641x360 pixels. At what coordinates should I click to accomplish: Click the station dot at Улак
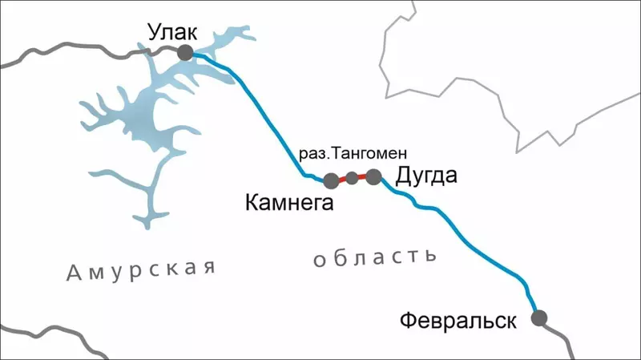(x=185, y=53)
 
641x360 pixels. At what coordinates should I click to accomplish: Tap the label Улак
(x=171, y=32)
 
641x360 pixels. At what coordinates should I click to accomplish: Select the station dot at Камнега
(x=331, y=180)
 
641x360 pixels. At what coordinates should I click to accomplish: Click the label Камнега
(x=288, y=204)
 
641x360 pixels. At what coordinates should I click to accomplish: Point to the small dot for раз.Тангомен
(x=352, y=178)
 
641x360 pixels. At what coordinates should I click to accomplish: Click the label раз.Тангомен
(x=353, y=153)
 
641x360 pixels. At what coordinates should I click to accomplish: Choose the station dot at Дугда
(x=373, y=176)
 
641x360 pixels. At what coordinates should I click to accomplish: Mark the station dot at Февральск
(x=539, y=318)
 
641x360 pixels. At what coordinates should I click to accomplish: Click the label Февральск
(x=457, y=322)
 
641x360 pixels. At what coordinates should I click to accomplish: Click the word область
(x=375, y=258)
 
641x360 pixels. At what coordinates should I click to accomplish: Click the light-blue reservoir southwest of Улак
(x=144, y=120)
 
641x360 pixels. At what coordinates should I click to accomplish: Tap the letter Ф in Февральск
(x=405, y=322)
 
